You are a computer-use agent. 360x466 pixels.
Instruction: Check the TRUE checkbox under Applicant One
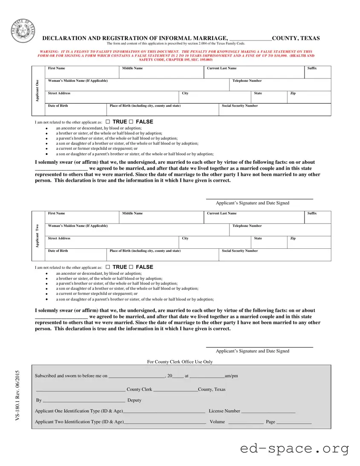point(107,122)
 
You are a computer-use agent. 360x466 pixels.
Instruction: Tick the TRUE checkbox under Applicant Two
point(107,267)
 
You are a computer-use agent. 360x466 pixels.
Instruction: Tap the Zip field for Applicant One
point(309,98)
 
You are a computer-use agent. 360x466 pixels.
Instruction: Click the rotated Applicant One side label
point(38,90)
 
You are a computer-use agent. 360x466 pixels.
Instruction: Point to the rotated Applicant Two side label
point(38,236)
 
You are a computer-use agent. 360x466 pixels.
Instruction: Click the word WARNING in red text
point(47,51)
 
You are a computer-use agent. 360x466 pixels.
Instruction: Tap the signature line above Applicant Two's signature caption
point(259,347)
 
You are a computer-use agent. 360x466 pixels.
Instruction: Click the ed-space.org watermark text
point(294,449)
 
